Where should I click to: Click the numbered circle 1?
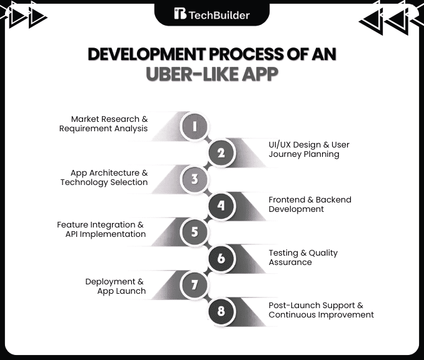(x=194, y=126)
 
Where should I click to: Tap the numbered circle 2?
(x=221, y=152)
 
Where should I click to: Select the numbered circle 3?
(x=194, y=179)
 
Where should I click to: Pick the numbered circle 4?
(x=221, y=206)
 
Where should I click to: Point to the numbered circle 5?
(x=194, y=232)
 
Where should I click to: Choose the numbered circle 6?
(x=221, y=259)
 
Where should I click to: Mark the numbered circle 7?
(x=194, y=286)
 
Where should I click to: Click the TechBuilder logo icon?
(x=180, y=14)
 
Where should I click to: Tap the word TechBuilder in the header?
(x=220, y=15)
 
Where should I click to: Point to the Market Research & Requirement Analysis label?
(x=103, y=124)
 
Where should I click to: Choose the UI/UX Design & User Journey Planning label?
(x=309, y=149)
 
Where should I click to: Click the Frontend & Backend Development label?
(x=310, y=204)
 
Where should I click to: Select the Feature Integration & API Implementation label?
(x=101, y=229)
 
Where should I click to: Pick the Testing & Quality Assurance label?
(x=303, y=257)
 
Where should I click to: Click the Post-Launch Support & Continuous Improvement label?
(x=321, y=310)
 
